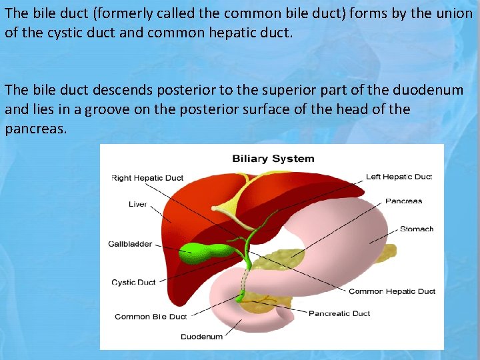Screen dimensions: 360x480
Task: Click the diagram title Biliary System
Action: click(x=273, y=159)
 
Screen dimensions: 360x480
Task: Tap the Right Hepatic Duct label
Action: click(x=147, y=178)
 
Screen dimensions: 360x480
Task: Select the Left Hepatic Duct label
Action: click(x=399, y=177)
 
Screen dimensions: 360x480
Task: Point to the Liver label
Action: click(x=137, y=204)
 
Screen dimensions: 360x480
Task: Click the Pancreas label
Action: click(x=403, y=201)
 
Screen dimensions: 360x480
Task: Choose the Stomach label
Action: click(x=417, y=229)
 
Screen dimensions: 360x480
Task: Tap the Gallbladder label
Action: click(x=130, y=244)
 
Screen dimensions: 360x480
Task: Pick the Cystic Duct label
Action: click(x=133, y=282)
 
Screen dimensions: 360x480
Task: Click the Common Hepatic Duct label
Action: click(x=392, y=291)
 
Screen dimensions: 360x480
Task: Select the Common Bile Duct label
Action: click(x=151, y=317)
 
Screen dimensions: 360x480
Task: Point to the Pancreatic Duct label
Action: click(x=339, y=313)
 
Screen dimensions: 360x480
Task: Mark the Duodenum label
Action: click(x=202, y=337)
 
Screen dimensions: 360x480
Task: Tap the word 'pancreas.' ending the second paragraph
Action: click(x=36, y=128)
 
